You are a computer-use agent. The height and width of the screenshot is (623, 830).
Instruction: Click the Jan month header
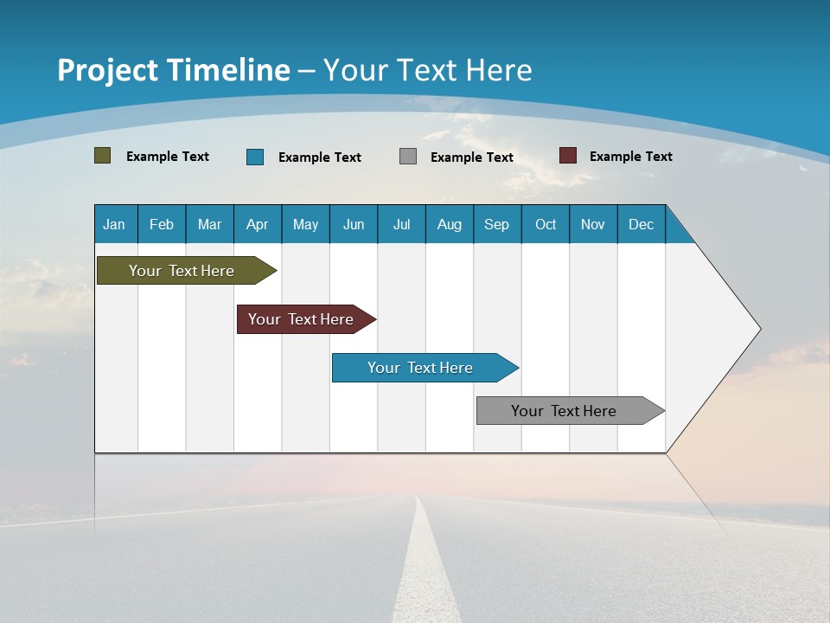tap(115, 224)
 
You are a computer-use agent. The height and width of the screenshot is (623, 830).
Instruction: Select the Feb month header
tap(162, 224)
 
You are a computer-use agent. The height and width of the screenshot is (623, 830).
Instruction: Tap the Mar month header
tap(209, 224)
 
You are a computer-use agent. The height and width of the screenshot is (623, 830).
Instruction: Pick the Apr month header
tap(258, 224)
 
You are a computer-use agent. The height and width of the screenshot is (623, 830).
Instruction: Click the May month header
tap(305, 224)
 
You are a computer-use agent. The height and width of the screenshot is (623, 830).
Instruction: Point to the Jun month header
tap(354, 224)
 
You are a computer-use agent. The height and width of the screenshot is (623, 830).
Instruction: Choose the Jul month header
tap(401, 224)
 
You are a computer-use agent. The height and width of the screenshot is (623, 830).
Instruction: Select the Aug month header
tap(450, 224)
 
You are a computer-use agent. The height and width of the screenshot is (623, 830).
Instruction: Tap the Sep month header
tap(497, 224)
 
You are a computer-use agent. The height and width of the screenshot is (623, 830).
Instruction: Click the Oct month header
tap(546, 224)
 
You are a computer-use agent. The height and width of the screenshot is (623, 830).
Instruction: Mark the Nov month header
tap(593, 224)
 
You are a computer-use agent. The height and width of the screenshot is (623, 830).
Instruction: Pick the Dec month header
tap(642, 224)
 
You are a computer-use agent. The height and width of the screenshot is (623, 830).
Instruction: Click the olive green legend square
tap(103, 156)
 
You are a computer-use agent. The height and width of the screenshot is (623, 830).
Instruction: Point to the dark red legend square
tap(568, 156)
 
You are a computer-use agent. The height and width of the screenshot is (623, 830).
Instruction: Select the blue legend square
tap(255, 157)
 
